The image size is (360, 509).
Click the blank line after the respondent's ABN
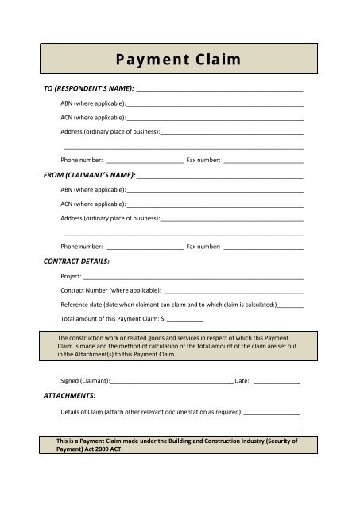[215, 105]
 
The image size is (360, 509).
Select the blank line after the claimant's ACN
[215, 204]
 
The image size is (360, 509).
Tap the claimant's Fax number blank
[263, 248]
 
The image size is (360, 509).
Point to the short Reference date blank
[292, 305]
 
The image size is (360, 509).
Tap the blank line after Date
[277, 383]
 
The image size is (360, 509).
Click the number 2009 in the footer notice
[91, 448]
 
